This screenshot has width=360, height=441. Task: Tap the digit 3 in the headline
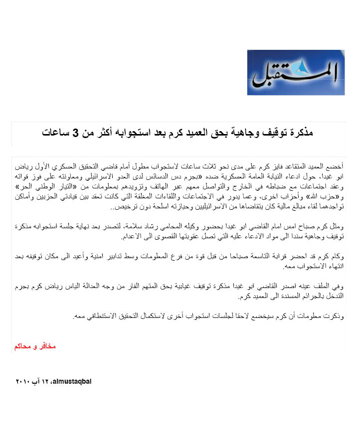click(76, 133)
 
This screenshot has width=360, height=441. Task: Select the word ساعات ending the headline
click(55, 133)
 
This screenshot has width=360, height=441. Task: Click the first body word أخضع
click(336, 164)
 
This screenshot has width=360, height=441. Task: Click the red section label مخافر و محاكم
click(35, 346)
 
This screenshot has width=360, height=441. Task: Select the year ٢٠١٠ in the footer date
click(23, 382)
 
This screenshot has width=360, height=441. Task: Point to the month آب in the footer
click(37, 382)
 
